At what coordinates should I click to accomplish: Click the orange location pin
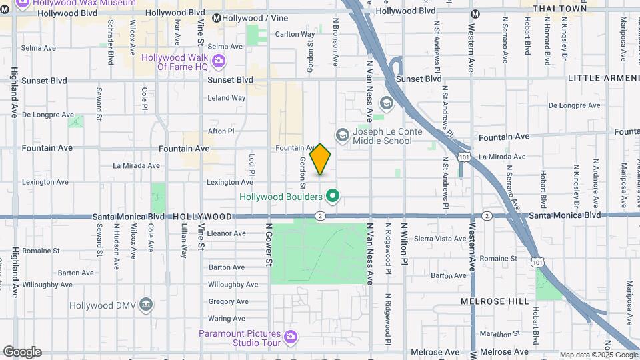pos(321,159)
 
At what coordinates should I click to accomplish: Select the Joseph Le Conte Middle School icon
pos(343,136)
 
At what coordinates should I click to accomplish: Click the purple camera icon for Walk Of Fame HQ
pos(219,62)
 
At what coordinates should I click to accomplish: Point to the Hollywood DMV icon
pos(147,305)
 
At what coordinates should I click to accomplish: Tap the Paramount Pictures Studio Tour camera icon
pos(290,337)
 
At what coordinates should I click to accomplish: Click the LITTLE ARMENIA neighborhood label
pos(603,79)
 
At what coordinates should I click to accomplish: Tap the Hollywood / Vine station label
pos(250,18)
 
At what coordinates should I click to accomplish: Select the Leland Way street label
pos(227,98)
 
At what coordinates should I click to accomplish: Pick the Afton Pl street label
pos(221,131)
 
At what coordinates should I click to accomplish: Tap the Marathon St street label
pos(494,333)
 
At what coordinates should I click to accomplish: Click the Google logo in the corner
pos(22,352)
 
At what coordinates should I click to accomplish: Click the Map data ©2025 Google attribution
pos(598,355)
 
